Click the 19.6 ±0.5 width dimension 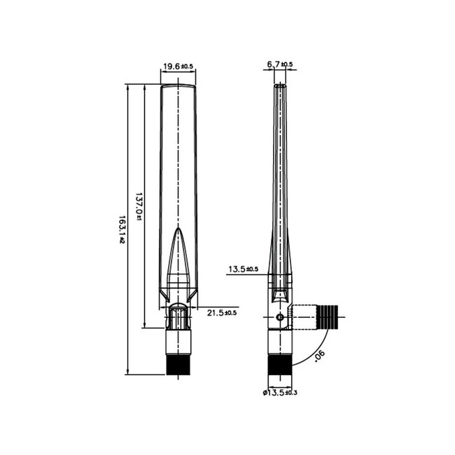click(178, 66)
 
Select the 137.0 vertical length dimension click(139, 206)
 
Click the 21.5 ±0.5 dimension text click(222, 312)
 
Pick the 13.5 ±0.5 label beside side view click(243, 269)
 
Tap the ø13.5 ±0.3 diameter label click(280, 393)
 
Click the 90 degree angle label click(320, 356)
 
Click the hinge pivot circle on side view click(280, 318)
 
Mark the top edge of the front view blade click(178, 85)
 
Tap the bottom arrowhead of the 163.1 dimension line click(128, 372)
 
